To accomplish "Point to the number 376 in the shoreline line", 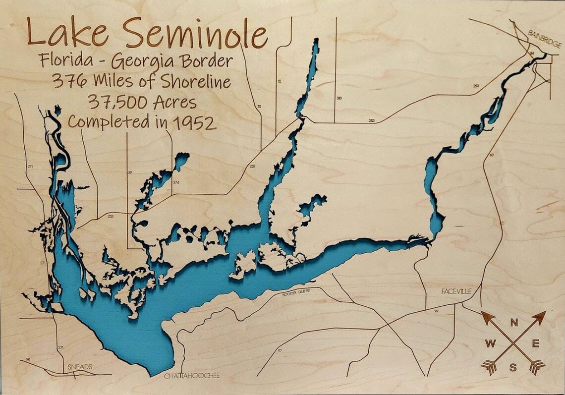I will (65, 81).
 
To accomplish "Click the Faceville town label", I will (456, 291).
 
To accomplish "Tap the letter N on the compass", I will (514, 323).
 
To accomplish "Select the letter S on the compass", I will (514, 367).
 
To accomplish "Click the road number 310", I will (339, 98).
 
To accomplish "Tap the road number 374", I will (176, 183).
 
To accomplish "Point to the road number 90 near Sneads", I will (28, 359).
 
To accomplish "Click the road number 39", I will (130, 172).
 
